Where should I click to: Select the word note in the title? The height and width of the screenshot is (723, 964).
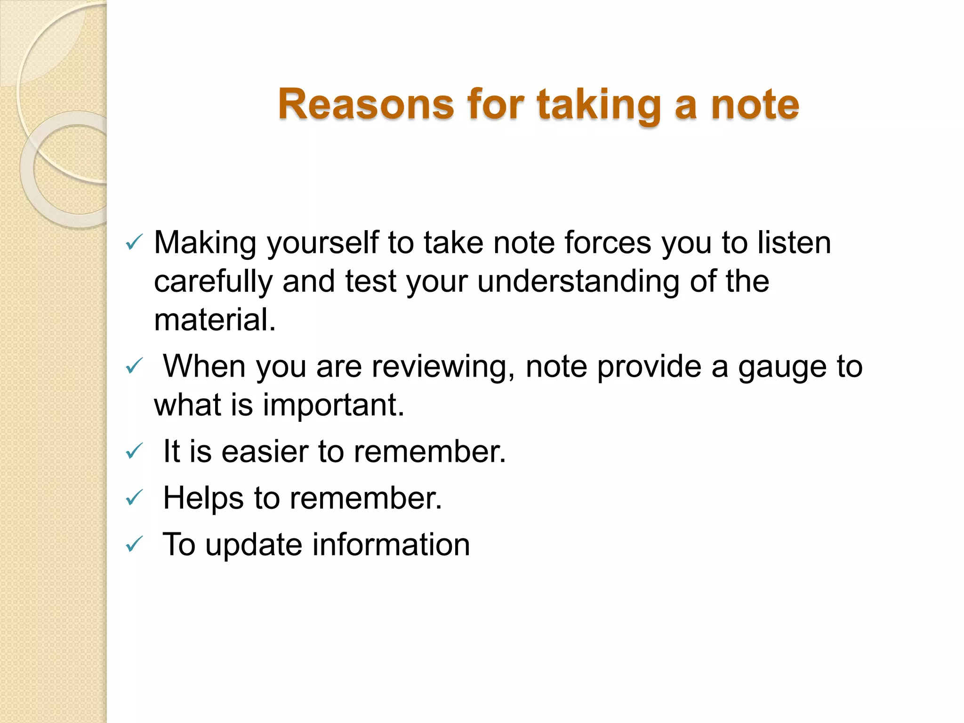(x=755, y=104)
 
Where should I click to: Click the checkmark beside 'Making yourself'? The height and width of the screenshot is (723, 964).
(x=134, y=243)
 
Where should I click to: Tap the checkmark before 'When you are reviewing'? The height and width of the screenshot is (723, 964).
(x=134, y=366)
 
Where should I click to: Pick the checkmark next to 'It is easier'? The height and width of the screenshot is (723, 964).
(x=134, y=451)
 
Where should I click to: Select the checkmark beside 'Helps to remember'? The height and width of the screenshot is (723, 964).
(x=134, y=498)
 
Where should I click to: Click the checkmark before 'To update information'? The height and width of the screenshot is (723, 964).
(x=134, y=545)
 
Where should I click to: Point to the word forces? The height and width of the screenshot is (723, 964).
(x=608, y=243)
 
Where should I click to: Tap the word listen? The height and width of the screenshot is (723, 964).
(x=794, y=243)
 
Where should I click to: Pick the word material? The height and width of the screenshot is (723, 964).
(x=215, y=320)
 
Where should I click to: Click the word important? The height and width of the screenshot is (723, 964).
(x=333, y=405)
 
